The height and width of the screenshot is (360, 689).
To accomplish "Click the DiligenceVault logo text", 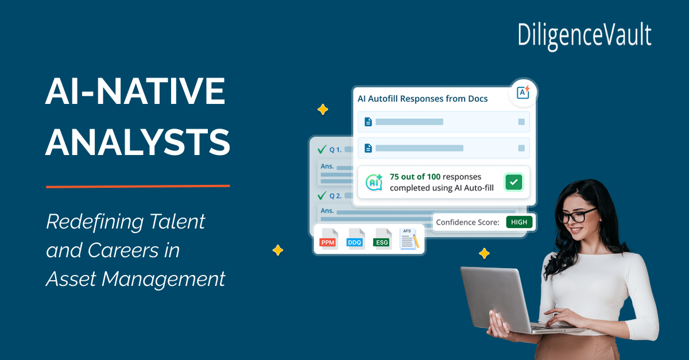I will click(584, 36).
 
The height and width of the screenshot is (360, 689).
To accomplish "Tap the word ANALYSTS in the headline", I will click(138, 142).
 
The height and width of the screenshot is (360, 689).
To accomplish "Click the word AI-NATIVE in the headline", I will click(136, 91).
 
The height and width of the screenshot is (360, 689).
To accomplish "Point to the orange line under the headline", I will click(138, 186).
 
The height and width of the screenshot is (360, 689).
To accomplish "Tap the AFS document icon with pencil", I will click(409, 239).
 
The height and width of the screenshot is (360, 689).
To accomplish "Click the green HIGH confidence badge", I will click(519, 222).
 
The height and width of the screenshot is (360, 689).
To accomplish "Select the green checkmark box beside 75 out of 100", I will click(513, 182).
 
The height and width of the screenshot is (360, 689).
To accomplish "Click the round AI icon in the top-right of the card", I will click(523, 92).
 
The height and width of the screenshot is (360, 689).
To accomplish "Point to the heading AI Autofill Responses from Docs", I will click(423, 99).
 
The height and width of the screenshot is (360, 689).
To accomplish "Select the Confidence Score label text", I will click(467, 222).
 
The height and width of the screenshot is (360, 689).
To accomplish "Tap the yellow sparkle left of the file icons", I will click(278, 250).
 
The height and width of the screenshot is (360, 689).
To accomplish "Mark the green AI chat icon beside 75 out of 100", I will click(374, 182).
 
